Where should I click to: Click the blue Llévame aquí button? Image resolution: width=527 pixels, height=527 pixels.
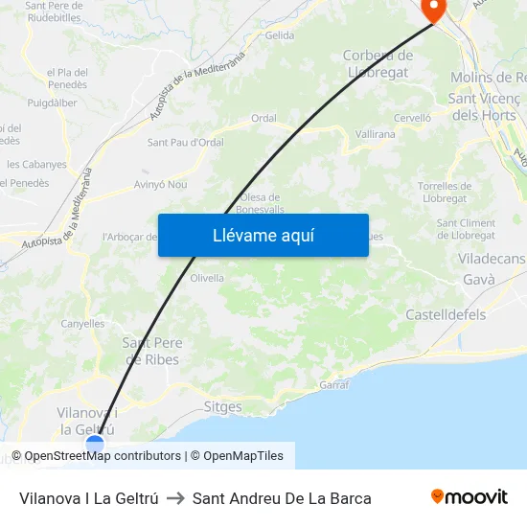tap(263, 235)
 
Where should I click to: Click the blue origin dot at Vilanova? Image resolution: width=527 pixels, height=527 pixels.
tap(95, 444)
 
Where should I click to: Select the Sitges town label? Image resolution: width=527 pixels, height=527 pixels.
tap(223, 406)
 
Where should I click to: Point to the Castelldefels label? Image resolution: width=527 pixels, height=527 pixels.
tap(446, 314)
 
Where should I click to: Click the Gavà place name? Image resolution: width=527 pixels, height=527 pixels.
tap(478, 280)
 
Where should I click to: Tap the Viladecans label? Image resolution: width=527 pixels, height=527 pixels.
tap(492, 260)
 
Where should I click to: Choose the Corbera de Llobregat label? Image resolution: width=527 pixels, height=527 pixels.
tap(378, 63)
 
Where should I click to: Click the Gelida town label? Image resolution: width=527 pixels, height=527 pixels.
tap(280, 35)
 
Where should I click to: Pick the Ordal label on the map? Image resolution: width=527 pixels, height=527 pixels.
tap(263, 119)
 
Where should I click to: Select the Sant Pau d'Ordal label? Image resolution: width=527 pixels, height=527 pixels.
tap(185, 143)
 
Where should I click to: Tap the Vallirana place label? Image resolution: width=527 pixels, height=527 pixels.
tap(376, 134)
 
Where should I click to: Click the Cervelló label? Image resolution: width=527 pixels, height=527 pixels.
tap(412, 118)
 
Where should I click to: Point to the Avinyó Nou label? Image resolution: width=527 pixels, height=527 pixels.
tap(161, 184)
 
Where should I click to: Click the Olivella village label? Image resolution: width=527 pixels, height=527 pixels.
tap(207, 278)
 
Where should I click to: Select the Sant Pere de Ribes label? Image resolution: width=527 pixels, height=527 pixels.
tap(151, 352)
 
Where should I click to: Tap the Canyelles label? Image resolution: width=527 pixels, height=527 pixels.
tap(82, 324)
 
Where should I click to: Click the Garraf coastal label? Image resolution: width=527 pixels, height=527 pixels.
tap(333, 383)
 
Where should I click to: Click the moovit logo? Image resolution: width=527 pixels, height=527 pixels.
tap(470, 497)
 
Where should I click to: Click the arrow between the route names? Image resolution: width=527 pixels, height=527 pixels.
tap(175, 498)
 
